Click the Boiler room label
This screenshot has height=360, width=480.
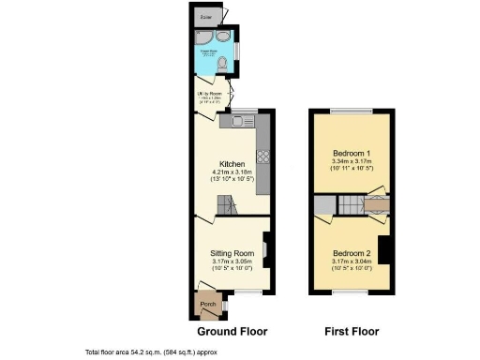(x=203, y=16)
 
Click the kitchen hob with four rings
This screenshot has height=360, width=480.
(x=263, y=157)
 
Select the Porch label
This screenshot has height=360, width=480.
(x=208, y=304)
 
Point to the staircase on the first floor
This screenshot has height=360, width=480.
(x=352, y=205)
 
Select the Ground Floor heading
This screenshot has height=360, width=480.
(x=232, y=331)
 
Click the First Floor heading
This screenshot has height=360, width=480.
(x=352, y=331)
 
